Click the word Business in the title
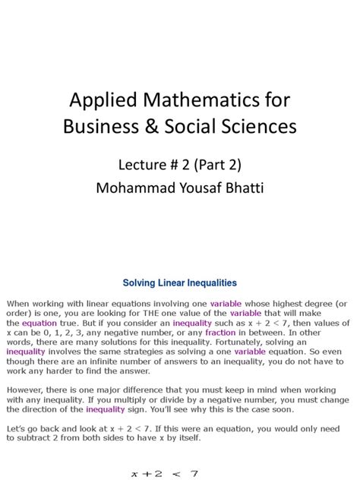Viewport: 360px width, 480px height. pos(106,126)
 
